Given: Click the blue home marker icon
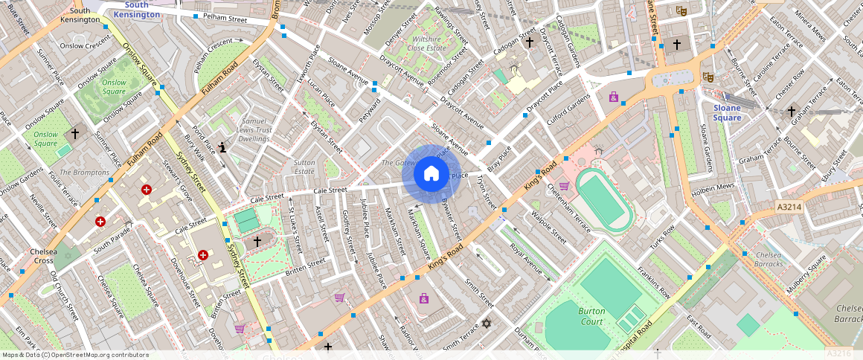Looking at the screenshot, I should [x=431, y=174].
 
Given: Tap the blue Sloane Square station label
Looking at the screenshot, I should [x=727, y=112].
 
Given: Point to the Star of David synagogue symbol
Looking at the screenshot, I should [x=487, y=324].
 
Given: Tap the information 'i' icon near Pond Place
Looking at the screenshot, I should [x=223, y=147].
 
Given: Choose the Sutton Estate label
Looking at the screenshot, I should [x=304, y=166].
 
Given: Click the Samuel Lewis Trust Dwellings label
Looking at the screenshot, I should [x=254, y=129].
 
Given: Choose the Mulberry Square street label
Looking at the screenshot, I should [x=807, y=271].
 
